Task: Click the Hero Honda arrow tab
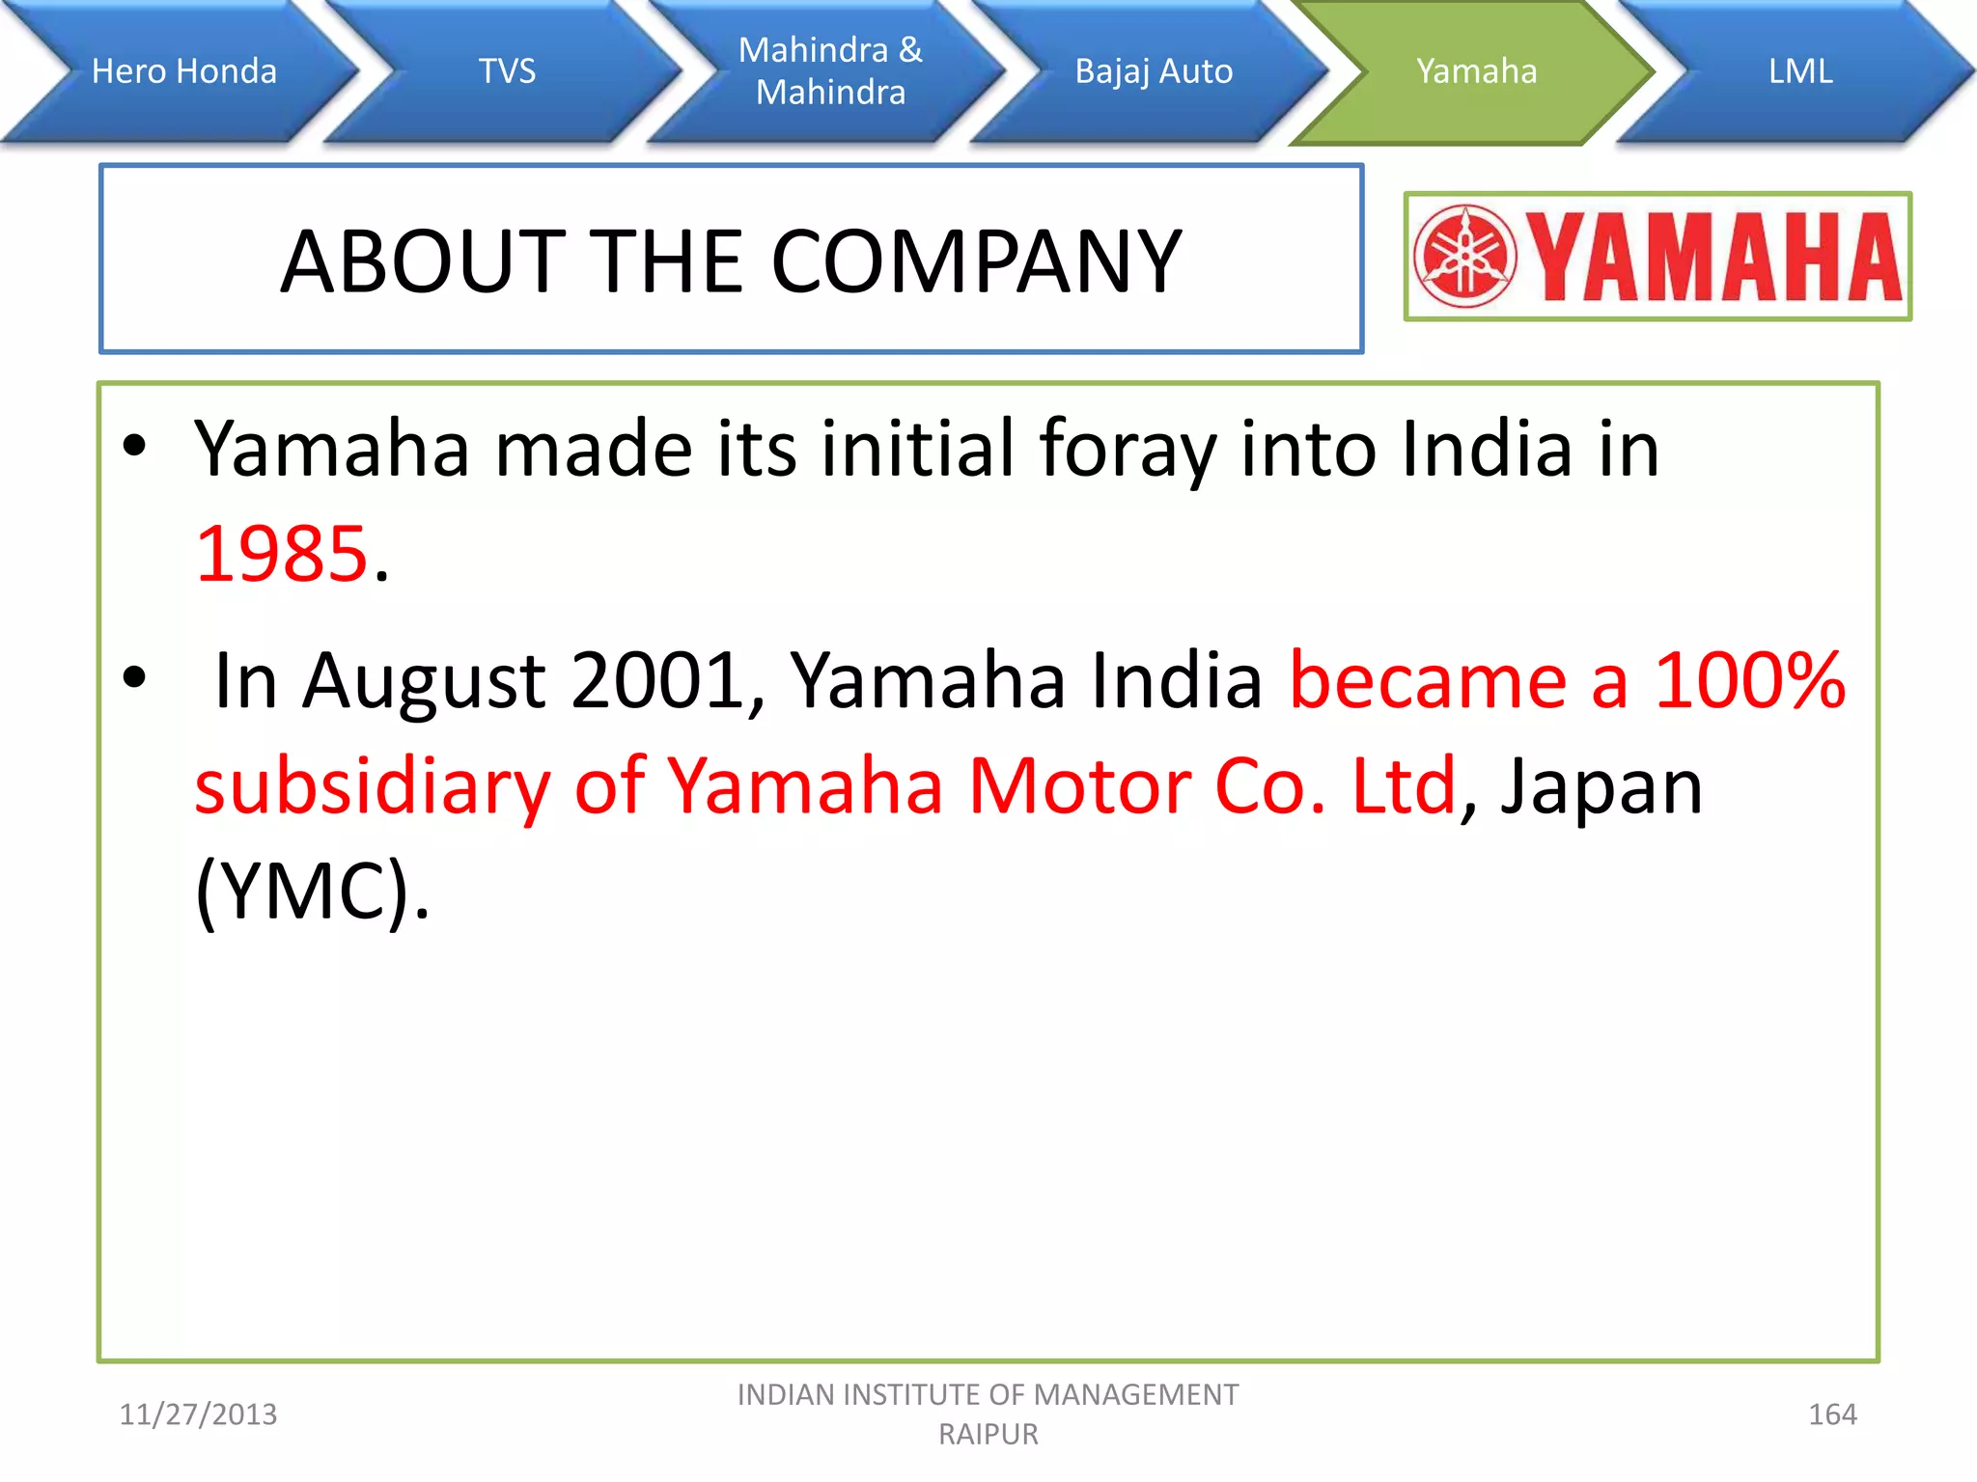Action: tap(183, 71)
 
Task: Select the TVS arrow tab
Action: tap(507, 71)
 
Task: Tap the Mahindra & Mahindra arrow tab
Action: tap(830, 71)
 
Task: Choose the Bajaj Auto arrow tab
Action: tap(1154, 71)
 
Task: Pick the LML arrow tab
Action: tap(1799, 71)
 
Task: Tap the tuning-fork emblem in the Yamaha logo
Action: tap(1464, 257)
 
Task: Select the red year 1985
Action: tap(282, 555)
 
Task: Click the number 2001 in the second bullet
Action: tap(656, 680)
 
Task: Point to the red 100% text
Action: tap(1749, 680)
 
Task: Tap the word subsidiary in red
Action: tap(372, 786)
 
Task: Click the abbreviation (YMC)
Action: tap(309, 892)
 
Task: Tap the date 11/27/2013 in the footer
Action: tap(198, 1414)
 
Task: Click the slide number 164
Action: tap(1831, 1414)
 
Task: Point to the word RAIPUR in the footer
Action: tap(988, 1435)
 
